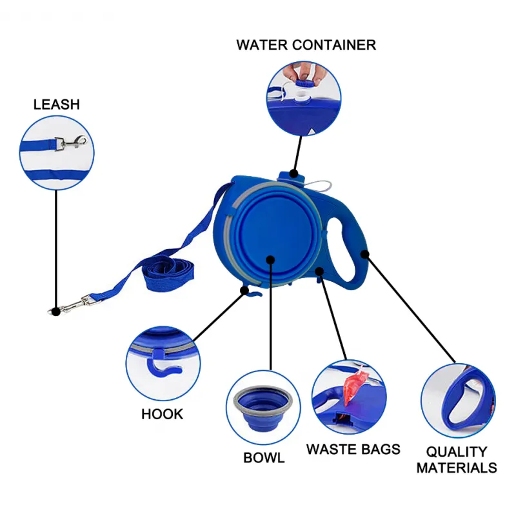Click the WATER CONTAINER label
point(306,45)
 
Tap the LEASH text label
point(57,104)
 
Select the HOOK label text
point(162,414)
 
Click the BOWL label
point(264,458)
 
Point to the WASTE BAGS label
point(353,449)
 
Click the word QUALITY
point(457,451)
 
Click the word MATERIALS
point(457,468)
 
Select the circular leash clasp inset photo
point(57,152)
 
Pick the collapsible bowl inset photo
point(263,406)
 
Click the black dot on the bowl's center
point(270,261)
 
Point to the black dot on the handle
point(365,253)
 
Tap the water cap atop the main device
point(289,174)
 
